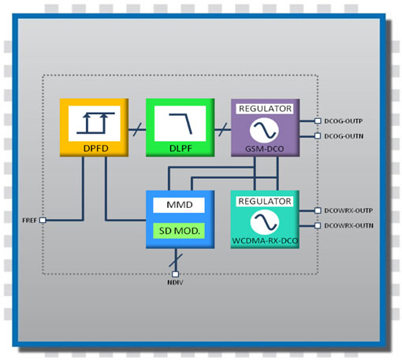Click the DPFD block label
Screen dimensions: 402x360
(96, 148)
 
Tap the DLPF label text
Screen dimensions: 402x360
(181, 148)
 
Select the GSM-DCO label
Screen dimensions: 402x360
(265, 149)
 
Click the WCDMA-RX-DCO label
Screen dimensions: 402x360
(265, 241)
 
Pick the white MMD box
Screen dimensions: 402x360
(179, 205)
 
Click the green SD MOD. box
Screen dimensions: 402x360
(179, 231)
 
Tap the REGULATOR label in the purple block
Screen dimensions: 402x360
(265, 109)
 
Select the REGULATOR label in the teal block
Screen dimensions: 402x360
(265, 202)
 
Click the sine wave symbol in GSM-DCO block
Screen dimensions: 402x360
(264, 130)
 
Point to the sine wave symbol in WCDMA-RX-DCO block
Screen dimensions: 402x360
(265, 222)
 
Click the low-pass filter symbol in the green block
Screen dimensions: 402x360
(181, 124)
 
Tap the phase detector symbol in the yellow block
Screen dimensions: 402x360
(95, 124)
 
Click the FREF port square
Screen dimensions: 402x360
(43, 220)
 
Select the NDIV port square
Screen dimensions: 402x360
(175, 274)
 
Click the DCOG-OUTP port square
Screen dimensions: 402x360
(318, 121)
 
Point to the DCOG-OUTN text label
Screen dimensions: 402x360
(344, 136)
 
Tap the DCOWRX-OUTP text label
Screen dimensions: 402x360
(348, 210)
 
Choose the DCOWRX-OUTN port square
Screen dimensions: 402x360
(318, 225)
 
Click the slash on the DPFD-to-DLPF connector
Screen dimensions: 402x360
(137, 129)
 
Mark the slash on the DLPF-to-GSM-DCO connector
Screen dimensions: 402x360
(223, 129)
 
